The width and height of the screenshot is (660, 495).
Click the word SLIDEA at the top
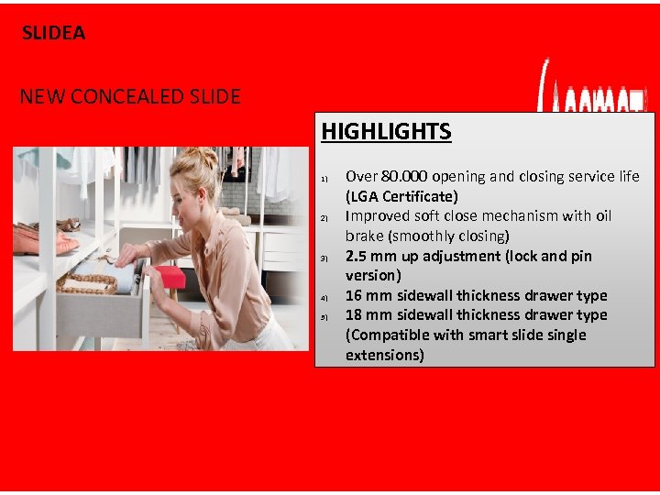click(x=54, y=33)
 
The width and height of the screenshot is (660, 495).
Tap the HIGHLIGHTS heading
click(x=386, y=132)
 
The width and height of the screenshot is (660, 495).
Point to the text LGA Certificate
click(x=402, y=196)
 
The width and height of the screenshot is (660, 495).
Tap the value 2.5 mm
click(x=370, y=256)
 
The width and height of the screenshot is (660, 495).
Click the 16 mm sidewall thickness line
click(x=476, y=295)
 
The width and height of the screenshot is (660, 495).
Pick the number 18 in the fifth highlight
click(x=354, y=314)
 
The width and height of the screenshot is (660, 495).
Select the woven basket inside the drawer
click(x=86, y=283)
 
